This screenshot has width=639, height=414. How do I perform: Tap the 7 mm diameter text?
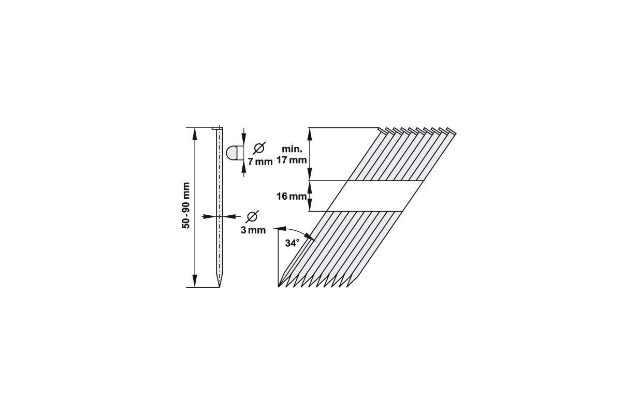coord(260,161)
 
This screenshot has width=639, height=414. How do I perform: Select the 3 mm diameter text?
coord(253,230)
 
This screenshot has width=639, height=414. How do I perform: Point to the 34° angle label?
coord(292,243)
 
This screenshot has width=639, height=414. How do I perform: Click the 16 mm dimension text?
coord(292,197)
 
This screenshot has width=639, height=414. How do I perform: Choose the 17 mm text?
coord(291,160)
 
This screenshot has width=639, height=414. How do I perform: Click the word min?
coord(291,151)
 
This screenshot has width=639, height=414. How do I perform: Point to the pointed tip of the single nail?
coord(220,284)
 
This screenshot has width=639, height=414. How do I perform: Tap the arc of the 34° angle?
coord(300,231)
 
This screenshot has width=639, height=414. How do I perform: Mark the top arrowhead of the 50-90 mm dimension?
coord(195,131)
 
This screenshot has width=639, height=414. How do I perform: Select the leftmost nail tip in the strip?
coord(280,285)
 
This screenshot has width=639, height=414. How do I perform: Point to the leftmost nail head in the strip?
coord(382,129)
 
